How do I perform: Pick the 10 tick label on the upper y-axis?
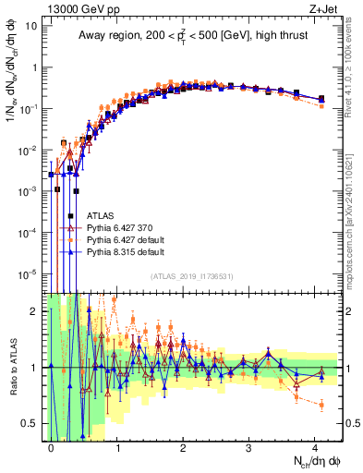[32, 26]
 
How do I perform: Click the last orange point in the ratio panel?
[321, 405]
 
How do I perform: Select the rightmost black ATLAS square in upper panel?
[321, 99]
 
